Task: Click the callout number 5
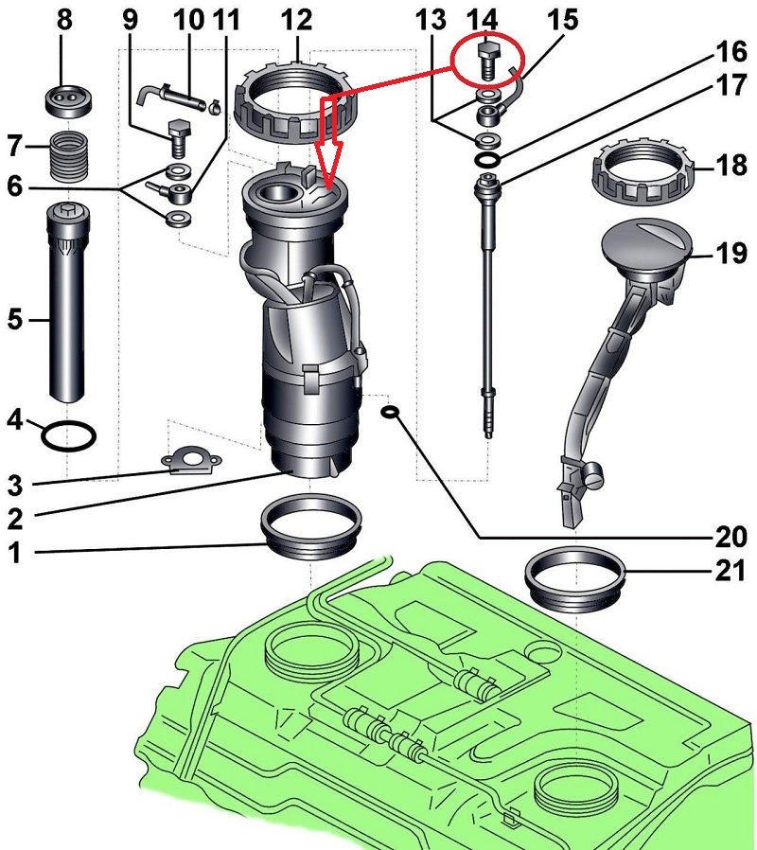point(16,320)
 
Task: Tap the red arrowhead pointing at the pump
point(326,175)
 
